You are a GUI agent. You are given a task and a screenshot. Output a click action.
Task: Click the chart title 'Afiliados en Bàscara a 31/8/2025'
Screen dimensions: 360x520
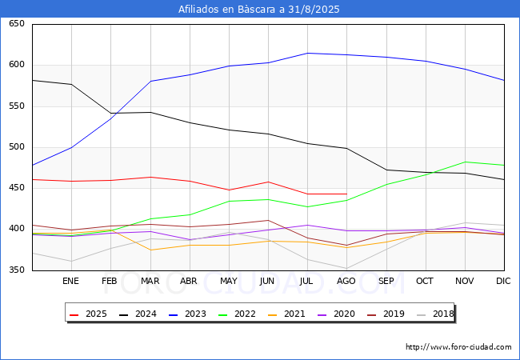point(259,10)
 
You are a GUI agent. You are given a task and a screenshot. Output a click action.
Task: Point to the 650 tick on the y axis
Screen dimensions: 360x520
point(16,24)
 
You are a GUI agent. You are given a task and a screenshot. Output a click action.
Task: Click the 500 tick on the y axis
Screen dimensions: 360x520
point(16,147)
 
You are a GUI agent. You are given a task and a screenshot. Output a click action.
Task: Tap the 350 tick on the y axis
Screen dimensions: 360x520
point(16,270)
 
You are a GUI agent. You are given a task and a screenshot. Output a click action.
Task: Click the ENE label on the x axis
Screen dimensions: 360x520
point(71,282)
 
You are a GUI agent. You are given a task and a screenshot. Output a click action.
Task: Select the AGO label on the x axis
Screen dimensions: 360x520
point(346,282)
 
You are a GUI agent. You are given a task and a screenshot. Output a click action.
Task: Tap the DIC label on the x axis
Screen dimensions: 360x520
point(503,282)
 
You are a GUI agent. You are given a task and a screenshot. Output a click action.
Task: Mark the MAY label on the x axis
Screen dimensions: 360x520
point(229,282)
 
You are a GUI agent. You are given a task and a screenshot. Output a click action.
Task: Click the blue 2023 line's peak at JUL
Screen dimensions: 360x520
point(307,53)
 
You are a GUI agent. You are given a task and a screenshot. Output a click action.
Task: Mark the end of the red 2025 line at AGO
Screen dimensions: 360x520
point(346,194)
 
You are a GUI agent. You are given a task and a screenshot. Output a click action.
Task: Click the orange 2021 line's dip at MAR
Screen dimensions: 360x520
point(150,250)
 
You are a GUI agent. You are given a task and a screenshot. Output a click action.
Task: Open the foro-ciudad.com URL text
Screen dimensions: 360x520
point(458,347)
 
